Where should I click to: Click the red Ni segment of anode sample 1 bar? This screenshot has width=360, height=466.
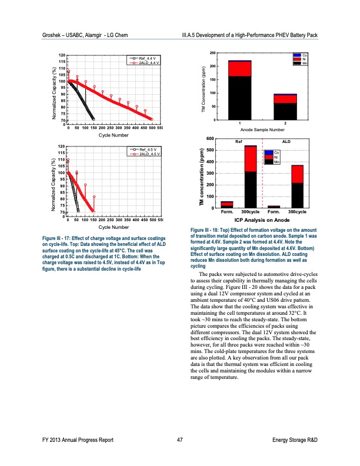pos(239,69)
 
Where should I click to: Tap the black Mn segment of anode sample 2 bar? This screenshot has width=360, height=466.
pos(285,111)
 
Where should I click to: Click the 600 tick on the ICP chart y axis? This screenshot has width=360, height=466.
pos(211,138)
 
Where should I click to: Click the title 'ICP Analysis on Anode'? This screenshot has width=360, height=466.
pos(262,219)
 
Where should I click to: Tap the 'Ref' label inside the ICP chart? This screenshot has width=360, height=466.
pos(238,142)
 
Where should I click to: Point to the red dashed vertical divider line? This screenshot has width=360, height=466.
pos(262,177)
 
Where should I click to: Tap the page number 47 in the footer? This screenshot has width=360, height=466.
pos(179,440)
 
